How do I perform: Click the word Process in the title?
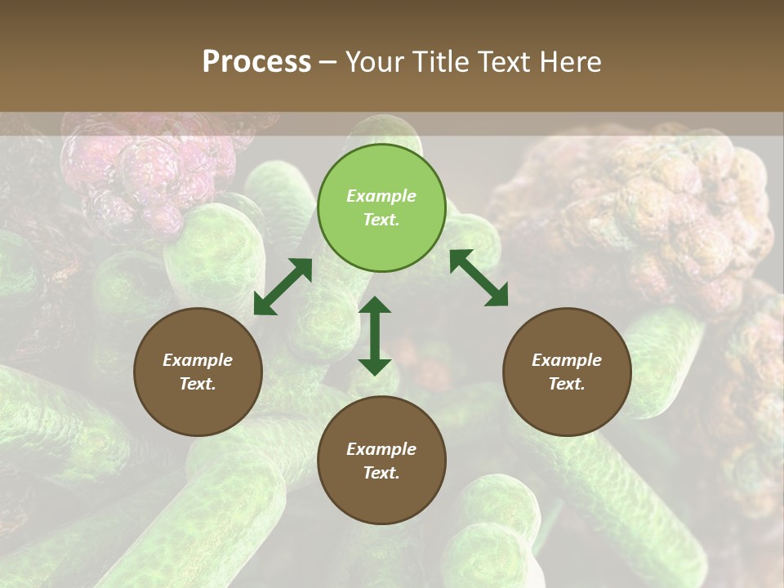(256, 62)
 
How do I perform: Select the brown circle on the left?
(198, 372)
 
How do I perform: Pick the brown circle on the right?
(567, 372)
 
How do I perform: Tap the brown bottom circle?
(381, 460)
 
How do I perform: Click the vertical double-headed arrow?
(375, 336)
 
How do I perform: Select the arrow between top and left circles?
(283, 287)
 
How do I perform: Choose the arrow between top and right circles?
(479, 278)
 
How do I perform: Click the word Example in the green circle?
(381, 196)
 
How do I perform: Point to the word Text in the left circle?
(198, 384)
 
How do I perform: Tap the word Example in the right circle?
(567, 360)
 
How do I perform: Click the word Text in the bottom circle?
(381, 473)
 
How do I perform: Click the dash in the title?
(328, 63)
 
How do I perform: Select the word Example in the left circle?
(198, 360)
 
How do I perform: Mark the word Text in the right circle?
(567, 384)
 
